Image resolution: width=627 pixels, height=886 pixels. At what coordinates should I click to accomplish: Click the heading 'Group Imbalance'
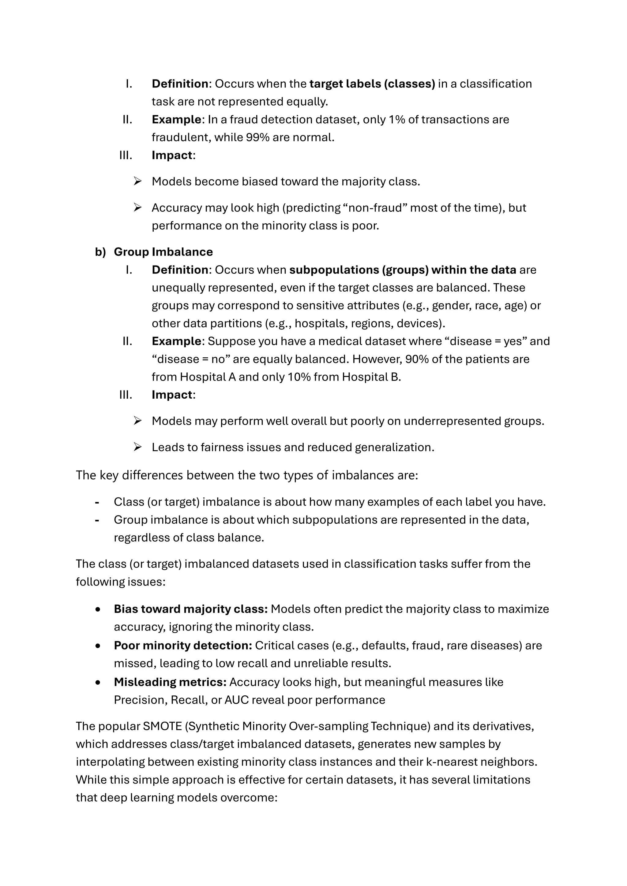click(163, 252)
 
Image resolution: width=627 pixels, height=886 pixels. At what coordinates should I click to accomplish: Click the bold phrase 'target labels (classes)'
click(372, 84)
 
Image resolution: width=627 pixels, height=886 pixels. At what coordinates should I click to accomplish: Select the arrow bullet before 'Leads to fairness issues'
click(137, 447)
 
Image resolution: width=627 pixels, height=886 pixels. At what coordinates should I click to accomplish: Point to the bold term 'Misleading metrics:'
click(170, 682)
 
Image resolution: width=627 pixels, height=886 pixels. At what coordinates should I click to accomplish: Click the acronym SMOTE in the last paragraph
click(162, 726)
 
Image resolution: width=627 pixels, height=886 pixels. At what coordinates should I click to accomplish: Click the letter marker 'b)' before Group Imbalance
click(100, 252)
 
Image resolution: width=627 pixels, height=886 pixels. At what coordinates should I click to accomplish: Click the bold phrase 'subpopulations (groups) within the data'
click(402, 270)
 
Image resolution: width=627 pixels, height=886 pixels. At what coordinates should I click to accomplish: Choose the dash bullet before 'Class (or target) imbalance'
click(97, 502)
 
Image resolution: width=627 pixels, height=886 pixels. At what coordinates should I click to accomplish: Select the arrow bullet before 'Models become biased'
click(137, 181)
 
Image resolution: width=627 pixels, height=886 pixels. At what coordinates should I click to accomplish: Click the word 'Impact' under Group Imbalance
click(172, 395)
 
